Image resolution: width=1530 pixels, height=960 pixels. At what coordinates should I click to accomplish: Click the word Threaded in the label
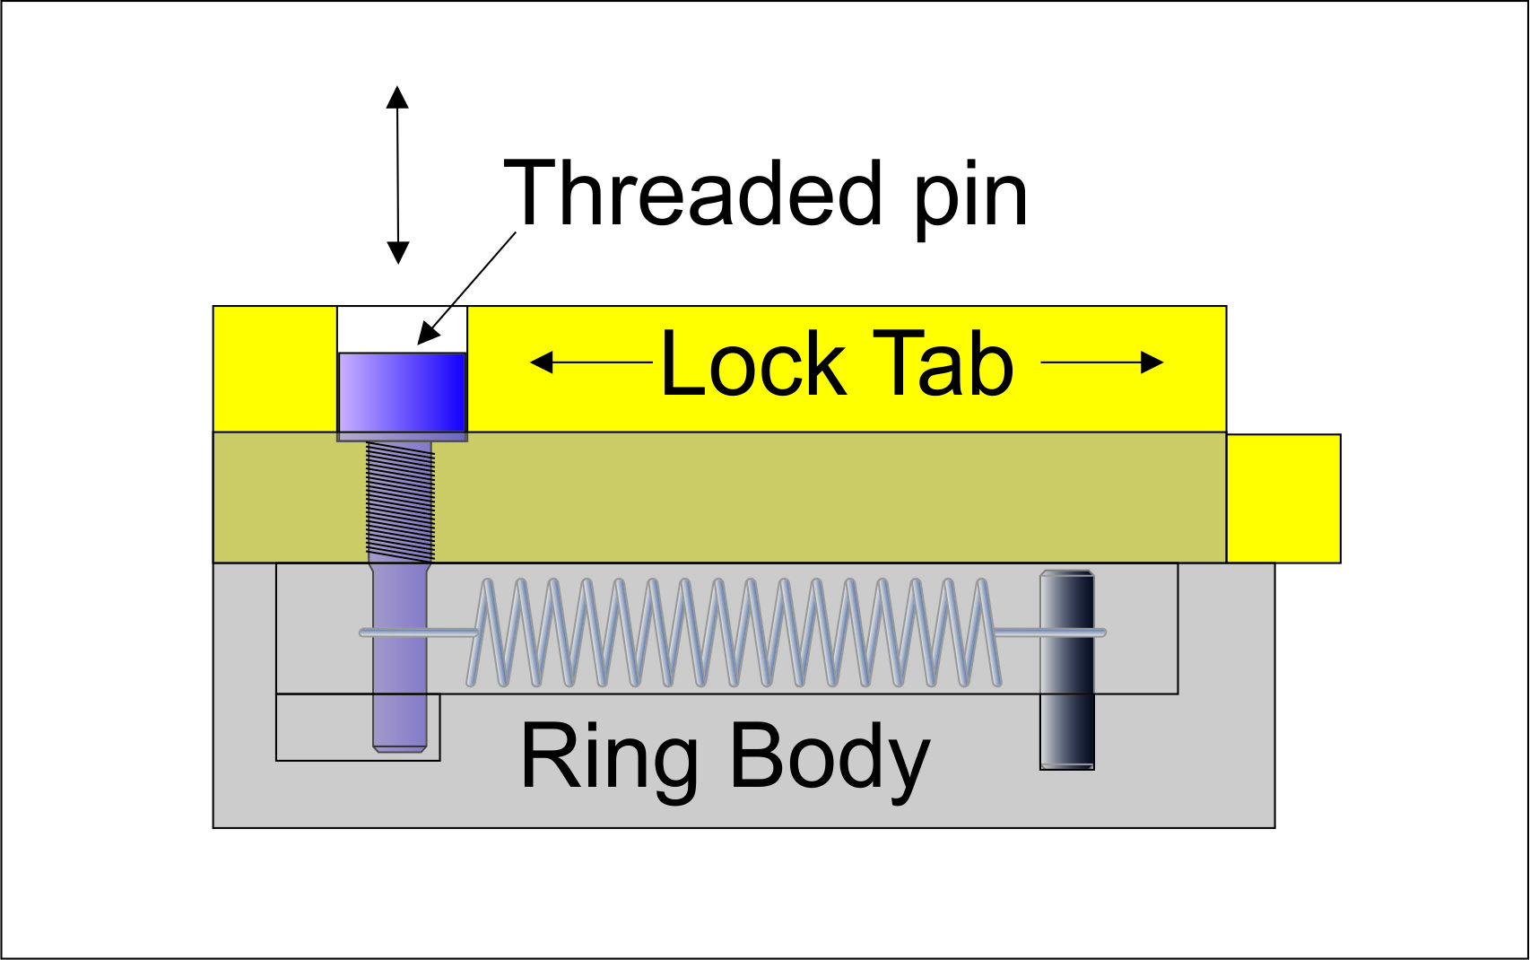click(692, 192)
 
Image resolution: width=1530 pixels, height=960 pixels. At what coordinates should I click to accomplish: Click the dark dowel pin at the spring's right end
click(1067, 670)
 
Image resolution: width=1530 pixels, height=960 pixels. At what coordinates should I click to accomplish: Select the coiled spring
click(735, 633)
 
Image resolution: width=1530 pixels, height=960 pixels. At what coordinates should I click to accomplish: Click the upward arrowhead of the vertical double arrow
click(396, 97)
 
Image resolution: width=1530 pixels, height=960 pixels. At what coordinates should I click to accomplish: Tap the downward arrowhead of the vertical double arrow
click(397, 253)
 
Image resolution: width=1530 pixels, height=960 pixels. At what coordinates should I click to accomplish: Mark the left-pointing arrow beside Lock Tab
click(592, 362)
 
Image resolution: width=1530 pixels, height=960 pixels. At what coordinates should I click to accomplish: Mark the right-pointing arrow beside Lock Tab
click(1102, 362)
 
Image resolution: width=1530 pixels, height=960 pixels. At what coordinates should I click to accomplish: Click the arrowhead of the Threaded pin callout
click(428, 333)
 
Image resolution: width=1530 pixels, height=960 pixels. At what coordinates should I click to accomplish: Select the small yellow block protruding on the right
click(1283, 499)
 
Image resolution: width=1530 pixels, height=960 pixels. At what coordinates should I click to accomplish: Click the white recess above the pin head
click(403, 329)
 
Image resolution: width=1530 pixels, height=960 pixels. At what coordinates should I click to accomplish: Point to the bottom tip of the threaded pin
click(400, 752)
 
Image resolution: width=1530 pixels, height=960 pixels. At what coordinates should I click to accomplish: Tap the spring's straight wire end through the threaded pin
click(418, 633)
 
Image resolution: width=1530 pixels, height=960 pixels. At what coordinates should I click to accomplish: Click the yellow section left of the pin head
click(275, 369)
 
